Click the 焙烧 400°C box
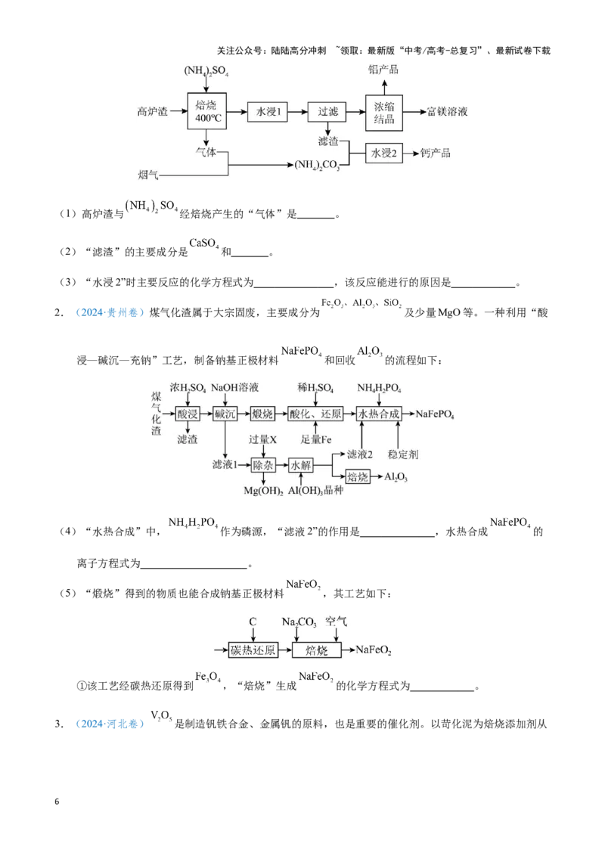(x=207, y=111)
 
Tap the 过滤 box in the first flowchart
(x=327, y=112)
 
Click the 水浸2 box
(x=384, y=153)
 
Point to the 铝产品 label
(x=383, y=70)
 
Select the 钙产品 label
(x=436, y=153)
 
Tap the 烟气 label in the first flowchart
(x=148, y=175)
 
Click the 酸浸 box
(x=187, y=414)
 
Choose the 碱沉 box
(x=225, y=414)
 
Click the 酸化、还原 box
(x=315, y=414)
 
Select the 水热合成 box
(x=379, y=414)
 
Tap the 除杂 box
(x=262, y=465)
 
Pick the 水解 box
(x=300, y=465)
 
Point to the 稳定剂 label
(x=403, y=454)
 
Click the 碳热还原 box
(x=253, y=650)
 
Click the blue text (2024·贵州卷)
(x=110, y=313)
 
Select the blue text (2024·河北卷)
(x=110, y=724)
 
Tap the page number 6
(x=57, y=802)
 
